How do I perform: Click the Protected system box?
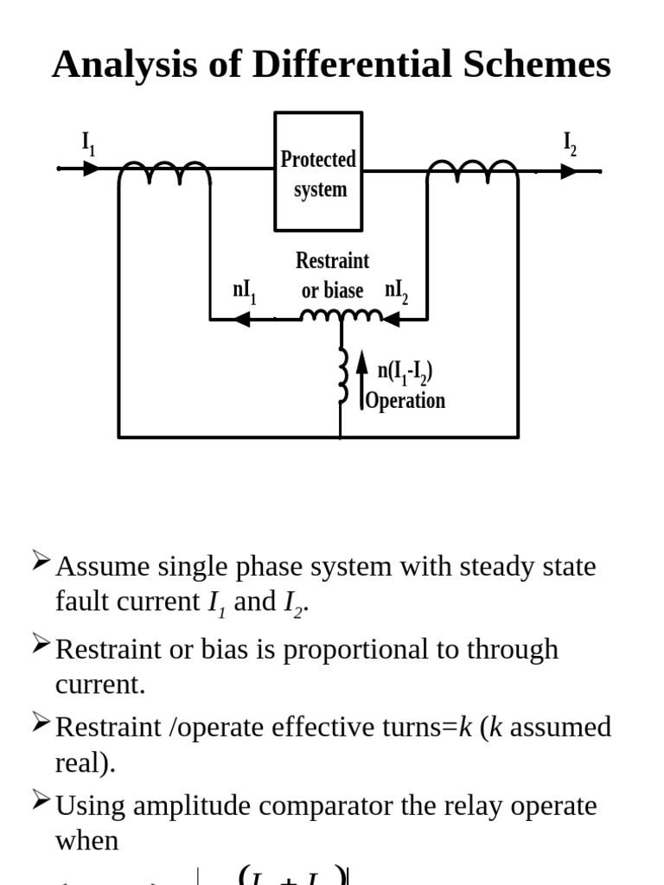click(x=318, y=172)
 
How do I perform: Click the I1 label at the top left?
click(x=88, y=143)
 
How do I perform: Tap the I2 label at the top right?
click(x=570, y=143)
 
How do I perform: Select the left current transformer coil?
click(x=164, y=172)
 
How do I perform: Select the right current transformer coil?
click(x=473, y=172)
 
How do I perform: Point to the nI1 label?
click(x=245, y=291)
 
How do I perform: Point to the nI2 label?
click(x=397, y=291)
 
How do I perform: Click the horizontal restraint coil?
click(x=342, y=317)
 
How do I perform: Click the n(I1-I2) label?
click(x=405, y=372)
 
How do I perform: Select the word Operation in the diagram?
click(x=405, y=400)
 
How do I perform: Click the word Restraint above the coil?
click(x=332, y=260)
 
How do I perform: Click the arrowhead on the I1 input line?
click(x=92, y=168)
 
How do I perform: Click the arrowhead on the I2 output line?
click(x=568, y=171)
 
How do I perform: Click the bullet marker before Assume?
click(x=41, y=562)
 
